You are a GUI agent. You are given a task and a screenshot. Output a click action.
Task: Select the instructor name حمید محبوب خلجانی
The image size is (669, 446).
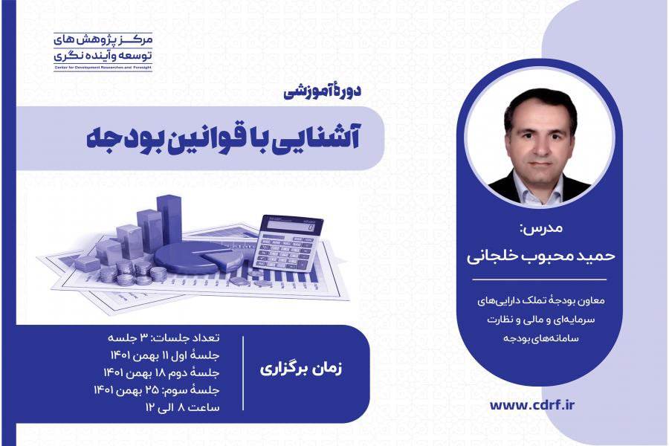coord(540,256)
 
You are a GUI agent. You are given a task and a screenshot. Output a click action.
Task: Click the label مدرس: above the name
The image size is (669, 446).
coord(541,228)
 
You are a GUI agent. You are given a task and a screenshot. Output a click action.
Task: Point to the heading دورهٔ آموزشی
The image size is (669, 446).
coord(322,91)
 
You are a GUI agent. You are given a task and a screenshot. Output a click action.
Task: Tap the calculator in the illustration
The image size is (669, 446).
coord(288,243)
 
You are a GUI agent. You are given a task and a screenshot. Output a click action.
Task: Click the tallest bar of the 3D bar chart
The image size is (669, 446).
coord(169,220)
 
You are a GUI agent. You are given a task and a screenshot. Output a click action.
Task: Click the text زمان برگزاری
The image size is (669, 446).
coord(301,369)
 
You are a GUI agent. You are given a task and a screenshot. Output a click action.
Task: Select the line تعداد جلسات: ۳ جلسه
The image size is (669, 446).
coord(164,338)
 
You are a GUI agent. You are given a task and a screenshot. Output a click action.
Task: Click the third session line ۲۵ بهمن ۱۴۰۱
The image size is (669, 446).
coord(157,390)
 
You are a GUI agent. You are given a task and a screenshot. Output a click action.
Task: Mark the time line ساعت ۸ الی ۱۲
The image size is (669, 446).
coord(183,407)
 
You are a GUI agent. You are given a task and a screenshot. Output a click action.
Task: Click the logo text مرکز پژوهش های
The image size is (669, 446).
coord(103,41)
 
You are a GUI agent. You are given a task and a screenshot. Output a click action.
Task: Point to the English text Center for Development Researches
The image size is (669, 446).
coord(93,68)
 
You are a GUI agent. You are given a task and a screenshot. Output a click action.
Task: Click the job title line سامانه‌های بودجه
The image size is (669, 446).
coord(541,338)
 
